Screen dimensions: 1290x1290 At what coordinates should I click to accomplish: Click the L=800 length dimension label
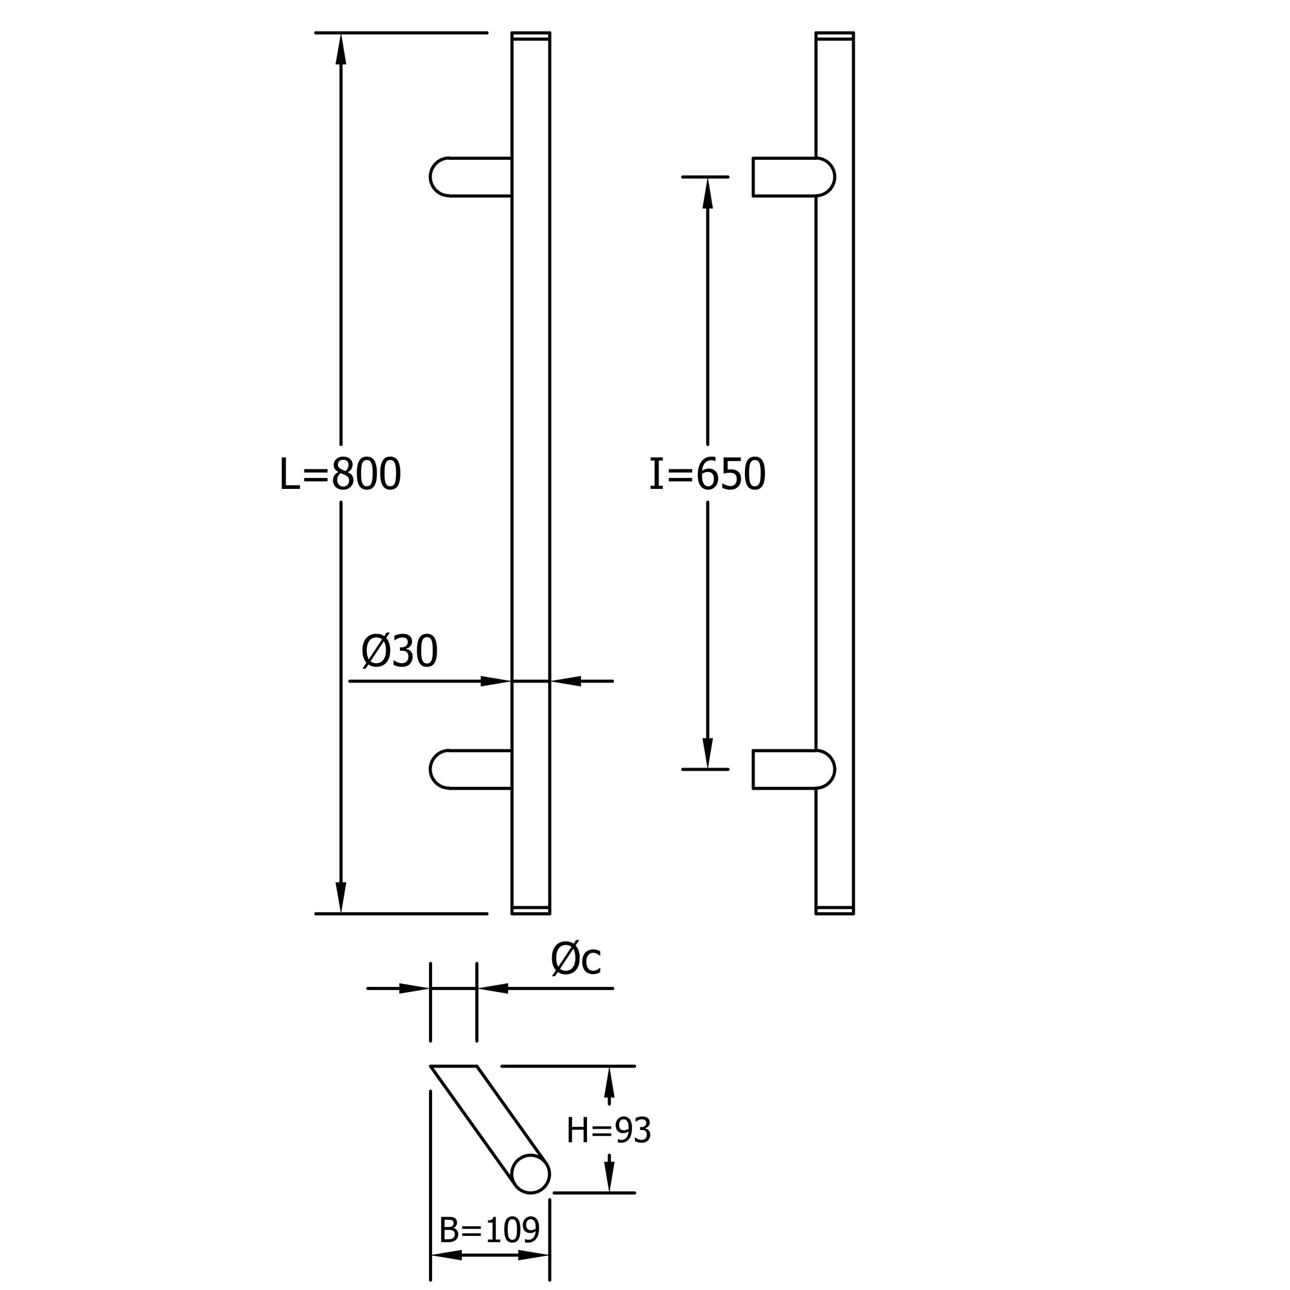coord(340,474)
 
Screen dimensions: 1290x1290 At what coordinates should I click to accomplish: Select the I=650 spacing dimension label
coord(707,474)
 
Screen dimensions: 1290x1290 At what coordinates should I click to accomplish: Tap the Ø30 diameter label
coord(399,651)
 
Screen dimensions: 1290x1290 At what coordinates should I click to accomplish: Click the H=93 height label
coord(608,1131)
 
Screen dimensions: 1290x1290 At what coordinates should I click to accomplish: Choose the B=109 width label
coord(490,1230)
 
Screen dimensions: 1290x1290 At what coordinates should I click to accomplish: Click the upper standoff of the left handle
coord(471,177)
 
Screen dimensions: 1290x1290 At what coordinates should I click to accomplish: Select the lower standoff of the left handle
coord(471,769)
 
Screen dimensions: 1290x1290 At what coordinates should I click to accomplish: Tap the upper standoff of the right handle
coord(794,177)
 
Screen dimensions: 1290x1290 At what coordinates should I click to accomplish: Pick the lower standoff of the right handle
coord(794,769)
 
